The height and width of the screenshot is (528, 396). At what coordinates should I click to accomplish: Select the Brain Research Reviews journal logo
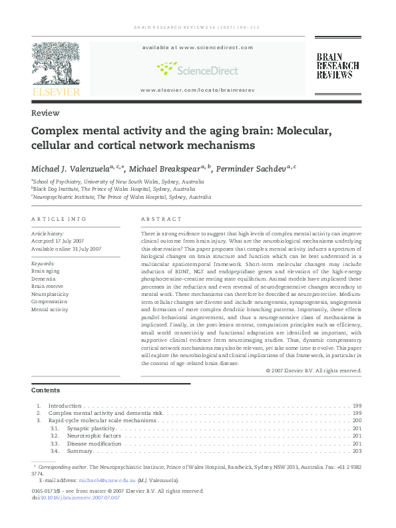(337, 66)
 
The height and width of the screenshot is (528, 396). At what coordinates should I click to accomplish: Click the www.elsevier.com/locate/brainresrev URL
(197, 89)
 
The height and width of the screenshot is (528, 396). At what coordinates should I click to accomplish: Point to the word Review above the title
(45, 113)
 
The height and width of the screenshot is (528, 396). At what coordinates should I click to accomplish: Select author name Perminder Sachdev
(253, 168)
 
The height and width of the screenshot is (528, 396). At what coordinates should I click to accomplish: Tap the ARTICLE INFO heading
(59, 218)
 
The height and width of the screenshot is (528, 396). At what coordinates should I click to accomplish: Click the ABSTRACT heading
(161, 218)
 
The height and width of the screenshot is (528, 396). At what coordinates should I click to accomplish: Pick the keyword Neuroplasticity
(50, 293)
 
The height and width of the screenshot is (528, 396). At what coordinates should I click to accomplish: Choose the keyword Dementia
(44, 279)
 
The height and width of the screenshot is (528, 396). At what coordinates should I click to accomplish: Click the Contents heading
(45, 390)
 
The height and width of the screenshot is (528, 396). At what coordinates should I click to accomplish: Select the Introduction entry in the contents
(65, 406)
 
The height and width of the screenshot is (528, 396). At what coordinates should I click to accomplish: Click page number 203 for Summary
(357, 452)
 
